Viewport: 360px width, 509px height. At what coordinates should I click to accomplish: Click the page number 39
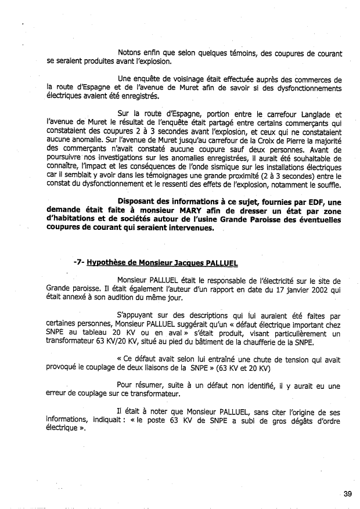point(347,494)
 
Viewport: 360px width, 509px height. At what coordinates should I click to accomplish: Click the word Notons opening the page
point(131,54)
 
